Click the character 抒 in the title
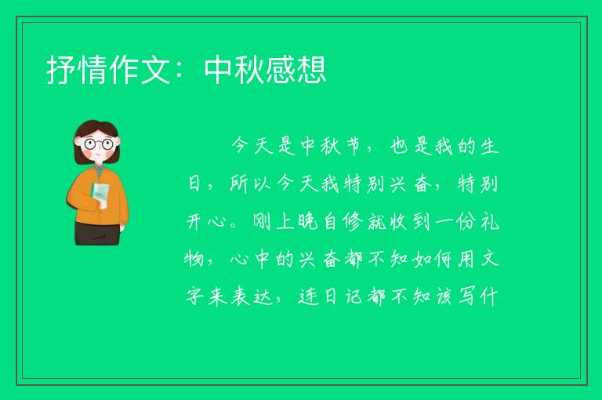[x=61, y=70]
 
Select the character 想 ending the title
[x=311, y=70]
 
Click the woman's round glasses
[x=99, y=144]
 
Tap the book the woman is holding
[x=100, y=195]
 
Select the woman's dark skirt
[x=97, y=233]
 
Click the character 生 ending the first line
[x=489, y=147]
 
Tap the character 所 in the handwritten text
[x=239, y=184]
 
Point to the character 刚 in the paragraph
[x=262, y=222]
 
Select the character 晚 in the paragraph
[x=307, y=222]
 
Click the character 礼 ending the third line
[x=489, y=222]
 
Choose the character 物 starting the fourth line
[x=194, y=259]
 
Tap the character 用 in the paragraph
[x=466, y=259]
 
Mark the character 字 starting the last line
[x=194, y=296]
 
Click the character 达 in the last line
[x=263, y=296]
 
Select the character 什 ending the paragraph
[x=490, y=296]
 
